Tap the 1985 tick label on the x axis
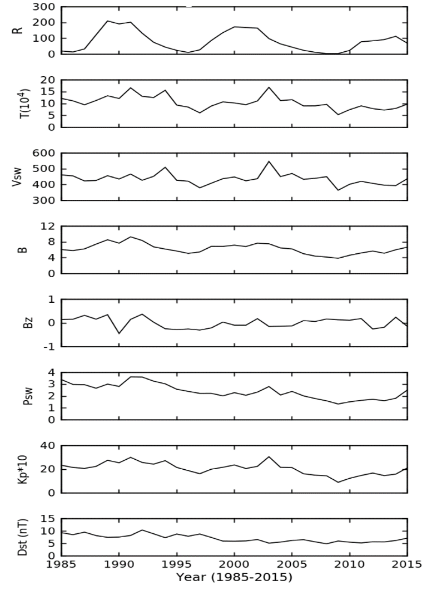click(x=62, y=565)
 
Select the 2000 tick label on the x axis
click(x=235, y=565)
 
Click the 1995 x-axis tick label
click(x=177, y=565)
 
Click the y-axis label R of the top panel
click(x=21, y=30)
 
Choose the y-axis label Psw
click(x=21, y=396)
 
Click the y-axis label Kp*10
click(x=21, y=469)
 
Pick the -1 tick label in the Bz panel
click(x=49, y=347)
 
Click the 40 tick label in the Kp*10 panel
click(x=48, y=446)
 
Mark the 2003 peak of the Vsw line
click(x=269, y=161)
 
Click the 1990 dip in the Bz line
click(x=119, y=333)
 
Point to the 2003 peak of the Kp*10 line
click(x=269, y=457)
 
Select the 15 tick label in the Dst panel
click(x=48, y=519)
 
